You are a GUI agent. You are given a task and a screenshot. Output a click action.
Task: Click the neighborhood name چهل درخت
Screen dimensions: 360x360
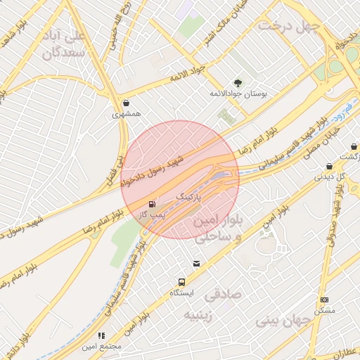pyautogui.click(x=288, y=25)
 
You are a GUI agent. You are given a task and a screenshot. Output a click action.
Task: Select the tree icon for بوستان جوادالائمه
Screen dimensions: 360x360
pyautogui.click(x=236, y=83)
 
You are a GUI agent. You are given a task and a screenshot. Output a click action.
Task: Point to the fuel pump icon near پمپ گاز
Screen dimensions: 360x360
pyautogui.click(x=153, y=205)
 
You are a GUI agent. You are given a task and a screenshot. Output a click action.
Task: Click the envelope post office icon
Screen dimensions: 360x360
pyautogui.click(x=196, y=264)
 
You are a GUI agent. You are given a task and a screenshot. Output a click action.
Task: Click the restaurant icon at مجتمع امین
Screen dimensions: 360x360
pyautogui.click(x=101, y=336)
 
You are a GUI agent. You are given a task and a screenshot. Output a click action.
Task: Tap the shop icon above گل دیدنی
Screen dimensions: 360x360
pyautogui.click(x=329, y=167)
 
